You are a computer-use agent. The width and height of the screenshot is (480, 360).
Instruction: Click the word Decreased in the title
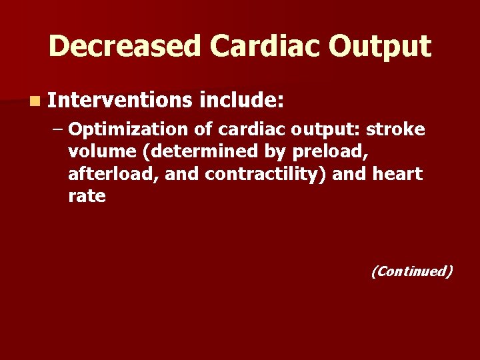[123, 46]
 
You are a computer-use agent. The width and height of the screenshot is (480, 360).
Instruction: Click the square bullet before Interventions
[34, 102]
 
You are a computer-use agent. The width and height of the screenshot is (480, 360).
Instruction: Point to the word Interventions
[119, 101]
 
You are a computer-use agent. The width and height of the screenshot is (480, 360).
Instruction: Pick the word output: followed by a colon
[323, 128]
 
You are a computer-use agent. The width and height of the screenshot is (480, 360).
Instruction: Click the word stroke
[396, 128]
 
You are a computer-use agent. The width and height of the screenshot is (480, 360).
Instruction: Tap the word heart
[397, 174]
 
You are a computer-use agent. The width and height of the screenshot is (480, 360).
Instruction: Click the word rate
[87, 197]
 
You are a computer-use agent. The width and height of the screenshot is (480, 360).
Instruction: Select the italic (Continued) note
[411, 271]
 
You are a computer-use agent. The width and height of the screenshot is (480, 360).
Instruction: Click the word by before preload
[275, 151]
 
